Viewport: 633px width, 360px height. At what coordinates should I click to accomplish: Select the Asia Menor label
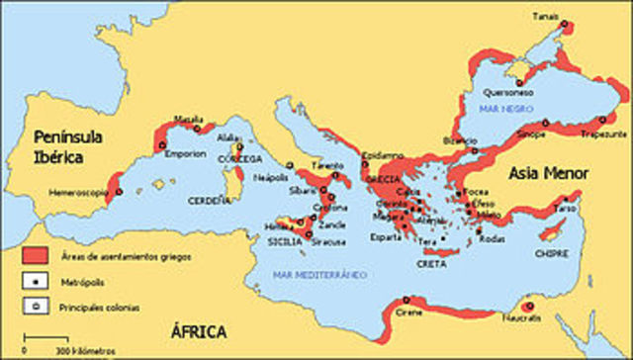tap(549, 173)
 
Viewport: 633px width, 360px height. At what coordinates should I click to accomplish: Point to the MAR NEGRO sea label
tap(501, 106)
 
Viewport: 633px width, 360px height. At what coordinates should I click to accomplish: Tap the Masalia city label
tap(188, 119)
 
